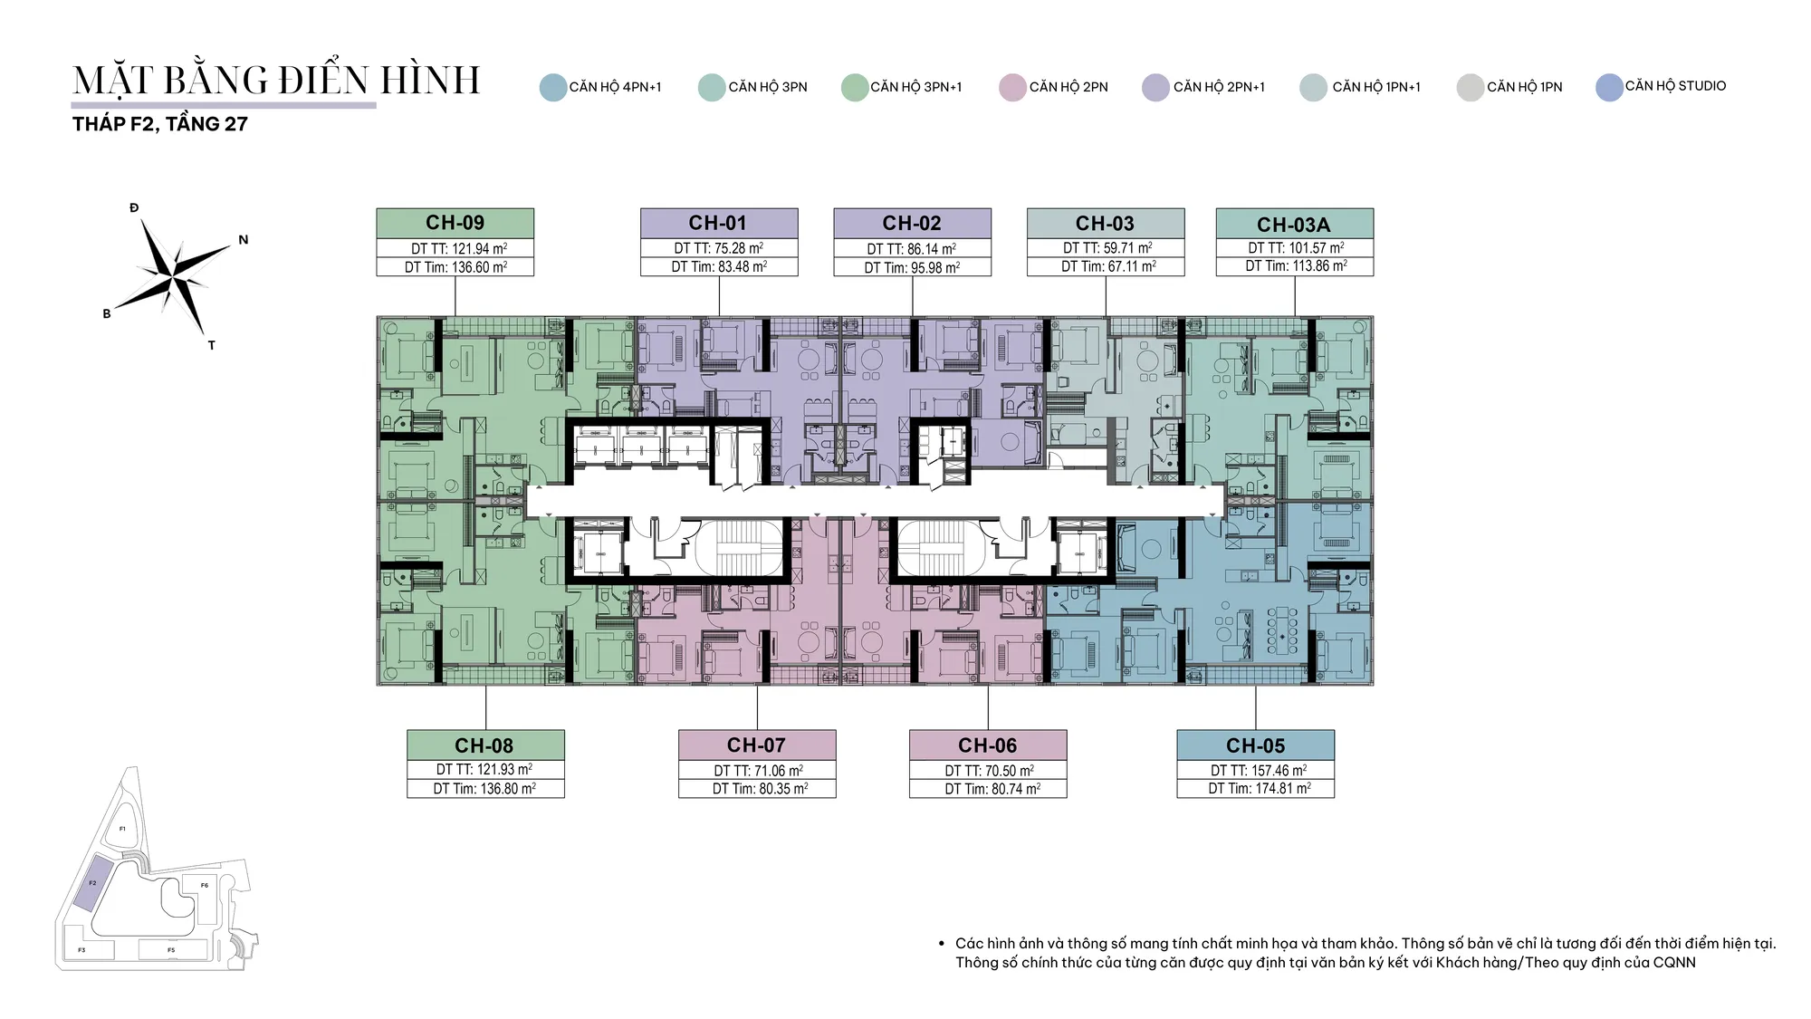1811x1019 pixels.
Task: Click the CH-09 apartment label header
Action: (455, 223)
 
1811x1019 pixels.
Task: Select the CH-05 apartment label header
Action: (1255, 745)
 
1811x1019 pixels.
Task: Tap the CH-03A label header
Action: (1294, 224)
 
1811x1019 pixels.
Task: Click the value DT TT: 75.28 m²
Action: (719, 248)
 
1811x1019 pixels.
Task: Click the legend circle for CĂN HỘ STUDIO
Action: (1609, 87)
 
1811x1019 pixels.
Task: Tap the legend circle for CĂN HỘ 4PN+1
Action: (553, 88)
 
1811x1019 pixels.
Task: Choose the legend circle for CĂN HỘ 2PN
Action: (1012, 88)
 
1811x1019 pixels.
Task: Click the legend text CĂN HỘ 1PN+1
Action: (1376, 87)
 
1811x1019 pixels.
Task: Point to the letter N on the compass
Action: (243, 240)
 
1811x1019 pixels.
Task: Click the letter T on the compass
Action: (211, 345)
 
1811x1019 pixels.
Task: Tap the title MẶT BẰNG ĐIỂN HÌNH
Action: (276, 80)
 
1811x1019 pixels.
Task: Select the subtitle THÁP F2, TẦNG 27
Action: (160, 124)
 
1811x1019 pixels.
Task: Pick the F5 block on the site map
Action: (172, 950)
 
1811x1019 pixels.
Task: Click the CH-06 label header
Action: (988, 745)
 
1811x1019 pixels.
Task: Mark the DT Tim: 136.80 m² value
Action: (484, 789)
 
